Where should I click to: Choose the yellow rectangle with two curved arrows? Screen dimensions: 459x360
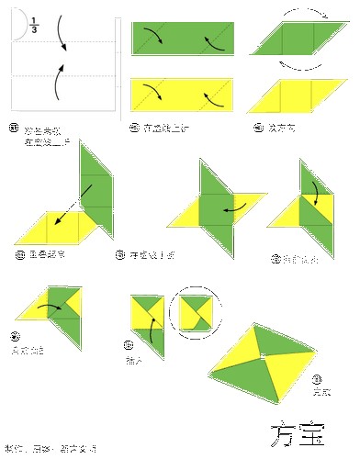click(184, 95)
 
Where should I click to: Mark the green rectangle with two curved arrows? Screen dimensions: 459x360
click(184, 39)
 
